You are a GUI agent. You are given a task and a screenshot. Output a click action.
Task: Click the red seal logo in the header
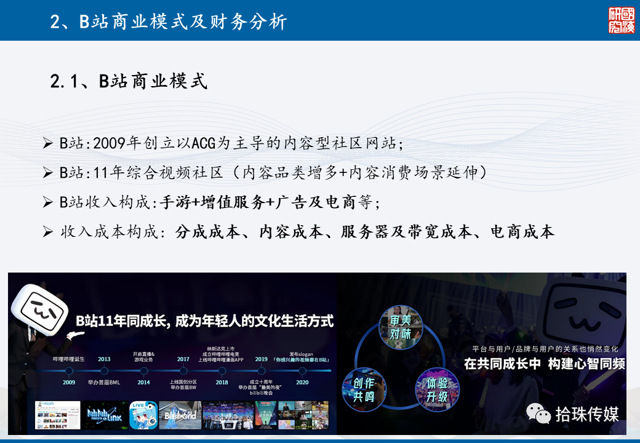coord(621,20)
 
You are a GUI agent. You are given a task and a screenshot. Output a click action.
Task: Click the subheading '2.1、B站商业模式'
coord(129,81)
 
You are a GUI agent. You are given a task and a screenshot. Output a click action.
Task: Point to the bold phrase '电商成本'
coord(522,231)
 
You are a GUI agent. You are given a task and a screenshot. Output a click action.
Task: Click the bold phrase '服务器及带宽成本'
coord(406,231)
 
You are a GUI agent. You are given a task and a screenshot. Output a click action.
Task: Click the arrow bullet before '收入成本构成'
coord(48,232)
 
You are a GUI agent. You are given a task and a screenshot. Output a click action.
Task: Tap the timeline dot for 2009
coord(69,371)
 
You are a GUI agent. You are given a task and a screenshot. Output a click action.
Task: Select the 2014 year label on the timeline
coord(143,382)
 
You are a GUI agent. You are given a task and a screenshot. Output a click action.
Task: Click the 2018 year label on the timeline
coord(222,382)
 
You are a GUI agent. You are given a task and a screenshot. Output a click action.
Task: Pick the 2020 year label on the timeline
coord(302,382)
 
